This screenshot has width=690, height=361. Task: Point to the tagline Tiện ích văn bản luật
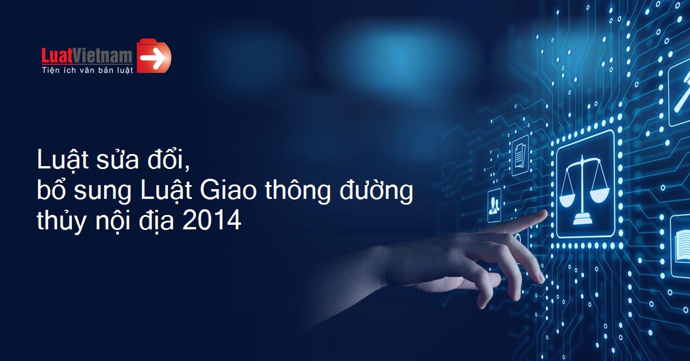(x=87, y=70)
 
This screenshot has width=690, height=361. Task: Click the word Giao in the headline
(x=228, y=190)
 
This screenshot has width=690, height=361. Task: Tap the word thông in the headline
(x=298, y=191)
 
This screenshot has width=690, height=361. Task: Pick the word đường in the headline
(x=376, y=190)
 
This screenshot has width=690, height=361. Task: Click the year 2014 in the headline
(x=212, y=220)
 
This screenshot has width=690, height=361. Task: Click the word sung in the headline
(x=102, y=193)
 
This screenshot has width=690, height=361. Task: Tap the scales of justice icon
(x=584, y=190)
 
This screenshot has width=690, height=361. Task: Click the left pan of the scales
(x=567, y=200)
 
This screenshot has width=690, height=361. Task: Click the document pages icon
(x=520, y=156)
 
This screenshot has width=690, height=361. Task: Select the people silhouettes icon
(x=494, y=205)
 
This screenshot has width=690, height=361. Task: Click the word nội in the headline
(x=113, y=220)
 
